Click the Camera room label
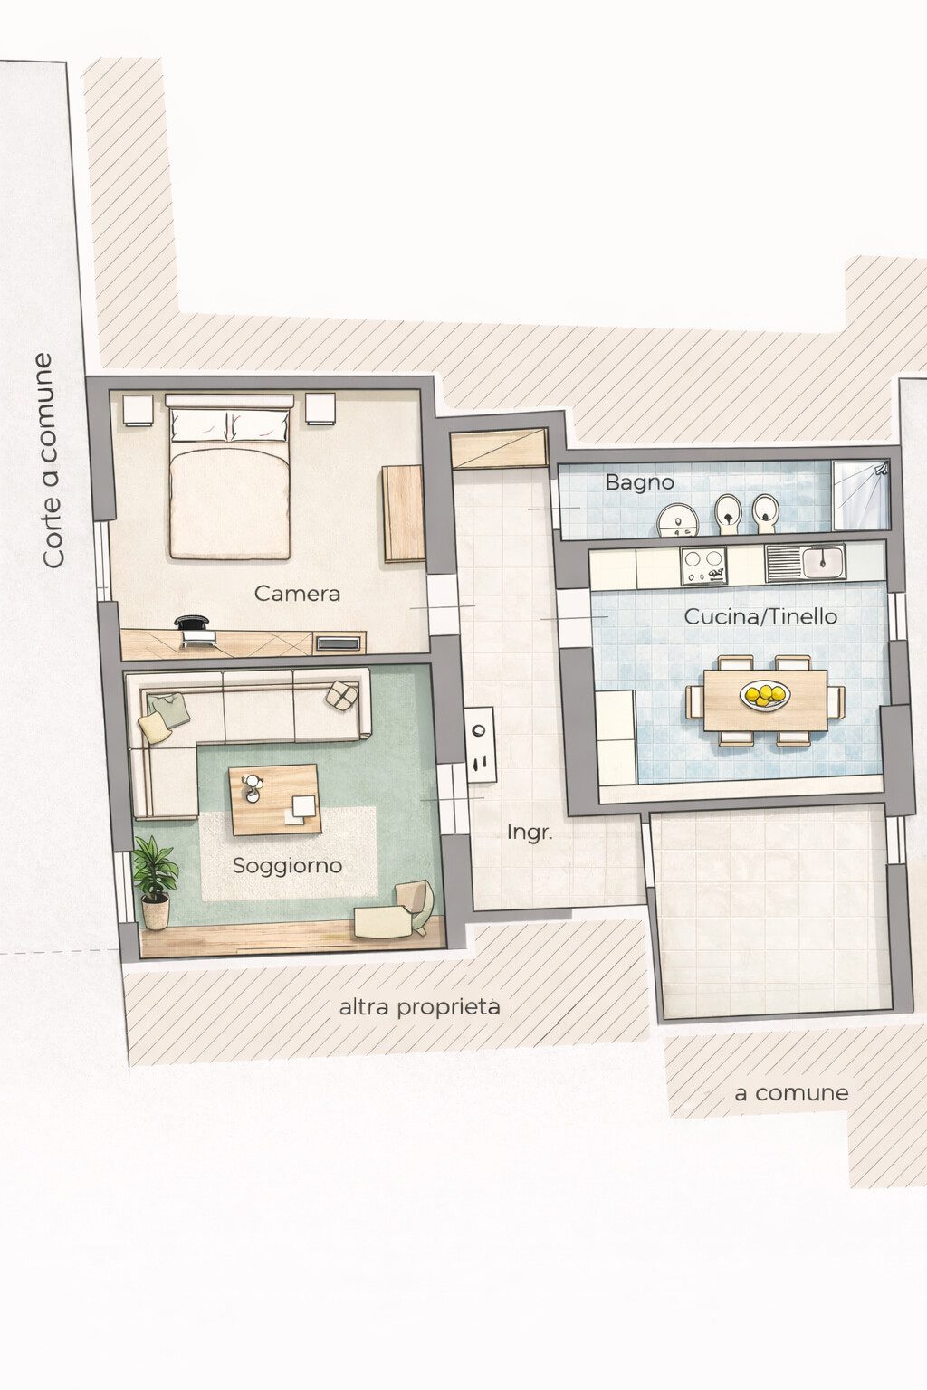click(298, 594)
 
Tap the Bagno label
click(639, 482)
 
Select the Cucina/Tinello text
click(760, 617)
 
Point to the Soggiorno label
click(287, 866)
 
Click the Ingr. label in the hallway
click(530, 833)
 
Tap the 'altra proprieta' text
click(419, 1006)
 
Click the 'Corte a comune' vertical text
click(53, 460)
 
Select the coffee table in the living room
click(275, 799)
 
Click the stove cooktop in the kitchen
click(704, 566)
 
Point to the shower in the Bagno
click(861, 495)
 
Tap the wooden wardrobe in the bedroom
click(403, 513)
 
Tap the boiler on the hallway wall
click(482, 745)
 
